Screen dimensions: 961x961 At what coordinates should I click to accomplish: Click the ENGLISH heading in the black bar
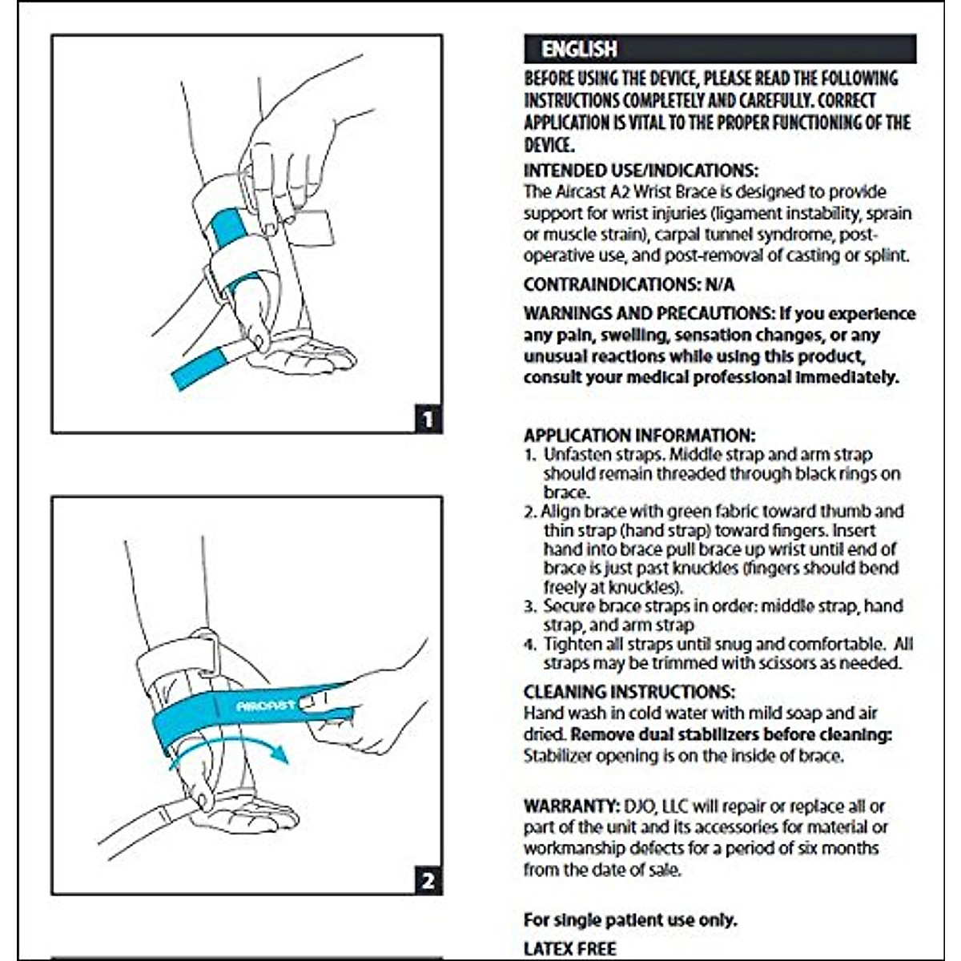tap(579, 49)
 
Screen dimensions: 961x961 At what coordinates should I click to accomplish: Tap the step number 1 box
tap(428, 418)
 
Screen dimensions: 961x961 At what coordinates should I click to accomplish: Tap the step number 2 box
tap(428, 881)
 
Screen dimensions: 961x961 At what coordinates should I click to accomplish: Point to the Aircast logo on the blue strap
tap(265, 706)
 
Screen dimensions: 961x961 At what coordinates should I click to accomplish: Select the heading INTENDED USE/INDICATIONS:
tap(641, 171)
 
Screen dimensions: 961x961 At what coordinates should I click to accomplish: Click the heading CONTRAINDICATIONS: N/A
tap(629, 285)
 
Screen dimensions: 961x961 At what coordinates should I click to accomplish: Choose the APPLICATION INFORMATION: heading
tap(639, 436)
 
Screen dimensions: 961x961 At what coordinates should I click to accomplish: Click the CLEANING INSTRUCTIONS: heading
tap(629, 692)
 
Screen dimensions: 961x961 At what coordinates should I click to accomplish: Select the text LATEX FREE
tap(569, 948)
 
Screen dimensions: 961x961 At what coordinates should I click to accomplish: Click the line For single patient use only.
tap(630, 919)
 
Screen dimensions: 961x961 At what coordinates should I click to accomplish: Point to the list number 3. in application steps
tap(530, 606)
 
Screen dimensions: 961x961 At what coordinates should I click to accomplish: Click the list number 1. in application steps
tap(530, 455)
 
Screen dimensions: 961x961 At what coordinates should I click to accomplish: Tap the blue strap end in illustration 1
tap(199, 369)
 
